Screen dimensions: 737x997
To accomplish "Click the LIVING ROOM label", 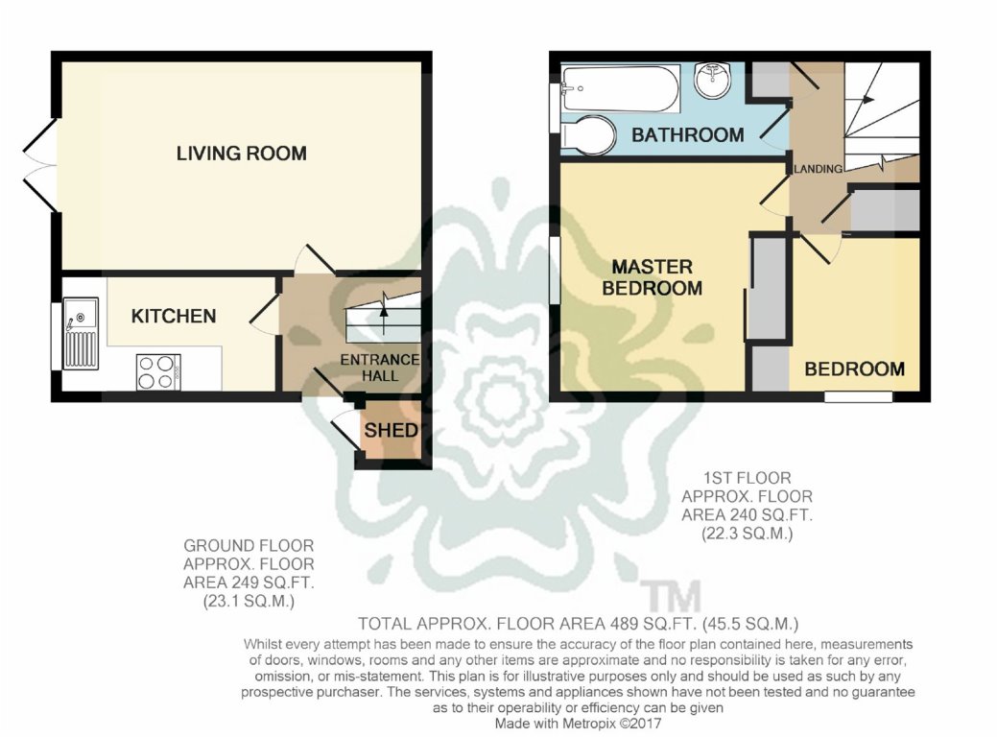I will click(x=241, y=154).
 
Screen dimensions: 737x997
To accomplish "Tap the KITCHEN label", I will click(x=174, y=316).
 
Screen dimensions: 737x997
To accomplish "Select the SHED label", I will click(x=391, y=430).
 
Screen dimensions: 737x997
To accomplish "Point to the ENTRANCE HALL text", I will click(x=380, y=368).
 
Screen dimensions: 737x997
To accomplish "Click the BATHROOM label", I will click(x=687, y=135).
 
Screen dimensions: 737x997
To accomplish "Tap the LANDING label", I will click(x=819, y=169).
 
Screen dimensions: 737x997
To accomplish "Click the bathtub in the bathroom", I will click(x=620, y=88).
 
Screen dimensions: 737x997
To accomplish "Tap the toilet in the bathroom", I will click(x=587, y=135).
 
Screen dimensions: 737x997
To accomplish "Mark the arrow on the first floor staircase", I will click(x=866, y=99).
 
